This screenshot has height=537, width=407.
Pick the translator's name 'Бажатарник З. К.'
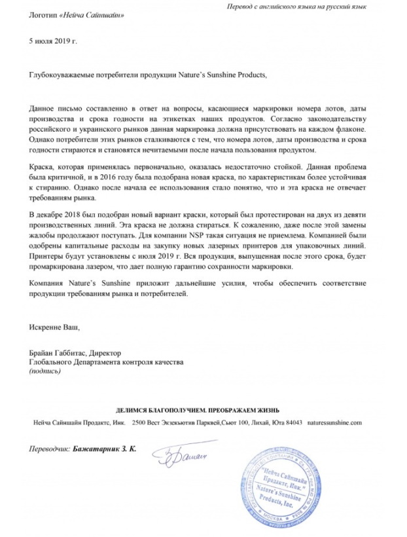point(106,452)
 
